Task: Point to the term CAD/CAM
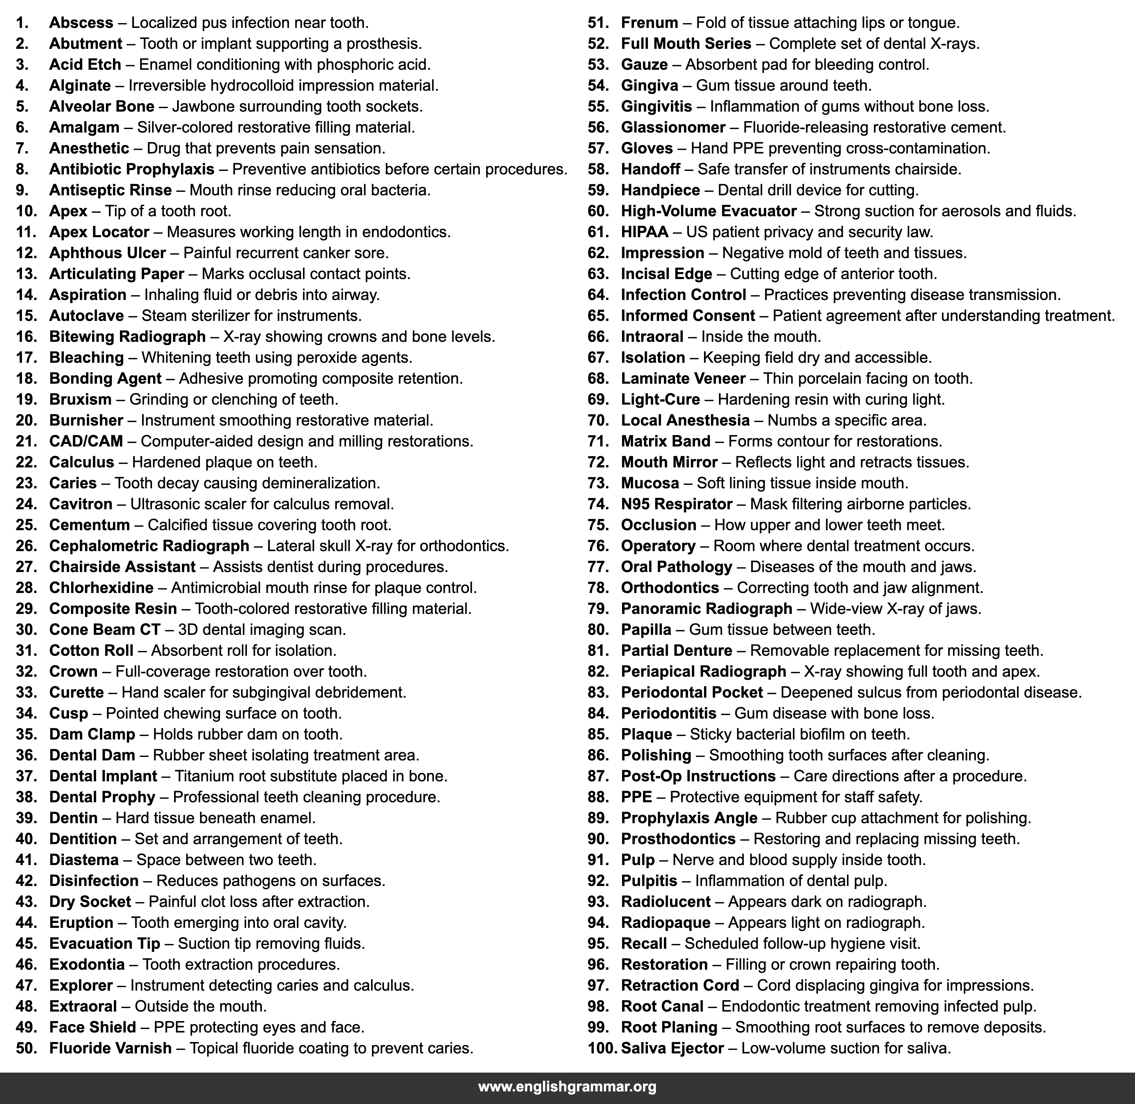[86, 441]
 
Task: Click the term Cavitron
[81, 504]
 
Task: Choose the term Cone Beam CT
[104, 629]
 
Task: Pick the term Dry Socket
[90, 902]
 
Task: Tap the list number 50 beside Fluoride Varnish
[26, 1048]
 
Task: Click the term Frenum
[649, 23]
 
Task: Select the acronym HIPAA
[644, 232]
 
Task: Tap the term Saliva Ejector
[672, 1048]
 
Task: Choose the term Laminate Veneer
[683, 378]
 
